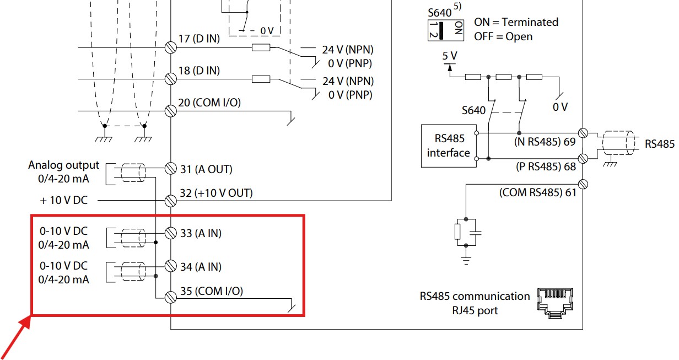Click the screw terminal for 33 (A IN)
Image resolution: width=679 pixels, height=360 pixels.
point(171,233)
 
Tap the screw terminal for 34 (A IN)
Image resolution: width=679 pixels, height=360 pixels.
point(171,266)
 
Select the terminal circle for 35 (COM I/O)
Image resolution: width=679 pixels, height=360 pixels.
point(171,298)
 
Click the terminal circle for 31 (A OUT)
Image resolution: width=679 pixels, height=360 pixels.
point(171,169)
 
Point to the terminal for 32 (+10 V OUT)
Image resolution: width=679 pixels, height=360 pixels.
point(171,201)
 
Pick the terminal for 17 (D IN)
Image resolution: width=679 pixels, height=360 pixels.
point(171,47)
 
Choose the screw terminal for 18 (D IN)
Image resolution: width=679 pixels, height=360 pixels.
point(171,79)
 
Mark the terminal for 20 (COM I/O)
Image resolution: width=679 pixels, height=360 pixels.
point(171,111)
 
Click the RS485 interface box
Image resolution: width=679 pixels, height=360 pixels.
point(449,146)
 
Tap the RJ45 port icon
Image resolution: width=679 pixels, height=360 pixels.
point(555,303)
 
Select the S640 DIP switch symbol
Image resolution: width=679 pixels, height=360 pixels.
point(445,30)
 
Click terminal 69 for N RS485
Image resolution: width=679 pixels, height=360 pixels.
point(583,133)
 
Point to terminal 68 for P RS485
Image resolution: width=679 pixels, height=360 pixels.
point(583,159)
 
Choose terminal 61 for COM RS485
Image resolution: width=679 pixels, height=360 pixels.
point(583,184)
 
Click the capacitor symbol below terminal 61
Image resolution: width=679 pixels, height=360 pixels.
point(476,233)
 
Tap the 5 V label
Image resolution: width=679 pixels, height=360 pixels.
point(450,56)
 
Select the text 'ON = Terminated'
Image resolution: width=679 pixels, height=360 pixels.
point(516,22)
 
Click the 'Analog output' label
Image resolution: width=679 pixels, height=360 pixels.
point(64,165)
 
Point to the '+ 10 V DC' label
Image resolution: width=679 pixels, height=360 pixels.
point(64,201)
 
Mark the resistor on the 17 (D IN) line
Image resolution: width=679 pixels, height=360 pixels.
point(261,47)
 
